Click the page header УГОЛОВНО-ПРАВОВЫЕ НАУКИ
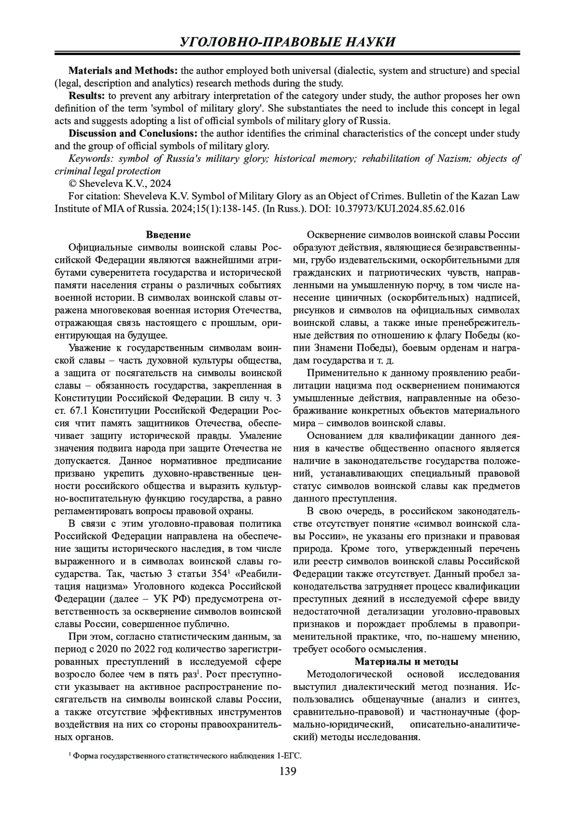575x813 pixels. point(287,42)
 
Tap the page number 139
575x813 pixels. point(287,771)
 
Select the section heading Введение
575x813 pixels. point(168,235)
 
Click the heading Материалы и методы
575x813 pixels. point(406,662)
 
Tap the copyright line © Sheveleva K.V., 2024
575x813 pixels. point(120,183)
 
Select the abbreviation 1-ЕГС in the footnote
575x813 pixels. point(289,756)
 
